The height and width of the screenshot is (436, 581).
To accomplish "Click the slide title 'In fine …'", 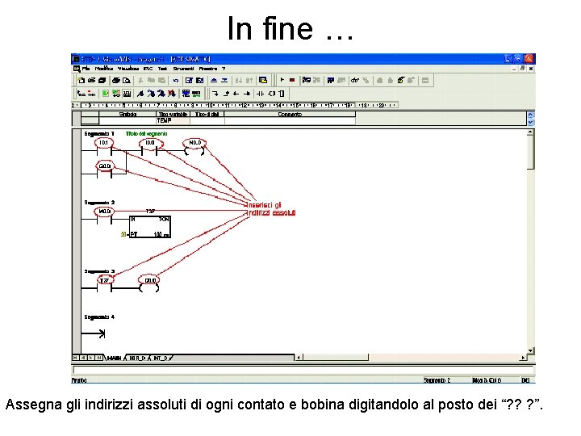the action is tap(290, 28).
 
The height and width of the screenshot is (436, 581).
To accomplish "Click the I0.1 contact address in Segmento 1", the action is tap(102, 142).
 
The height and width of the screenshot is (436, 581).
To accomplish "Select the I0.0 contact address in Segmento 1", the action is tap(149, 142).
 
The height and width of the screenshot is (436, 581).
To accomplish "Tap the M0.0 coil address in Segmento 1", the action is tap(194, 142).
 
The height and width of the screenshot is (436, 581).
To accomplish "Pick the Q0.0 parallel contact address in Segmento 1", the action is tap(104, 166).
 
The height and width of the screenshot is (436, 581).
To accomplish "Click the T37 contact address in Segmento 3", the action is tap(102, 280).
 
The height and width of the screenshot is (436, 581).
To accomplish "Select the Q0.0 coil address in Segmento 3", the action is tap(150, 280).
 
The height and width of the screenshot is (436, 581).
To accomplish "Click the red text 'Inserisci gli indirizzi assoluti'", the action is tap(271, 208).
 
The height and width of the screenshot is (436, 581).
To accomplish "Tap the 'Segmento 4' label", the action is tap(98, 317).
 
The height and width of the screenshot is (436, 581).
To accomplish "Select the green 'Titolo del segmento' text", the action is tap(147, 133).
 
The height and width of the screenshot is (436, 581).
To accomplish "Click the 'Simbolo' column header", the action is tap(127, 115).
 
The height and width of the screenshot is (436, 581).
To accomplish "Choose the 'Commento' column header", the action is tap(289, 115).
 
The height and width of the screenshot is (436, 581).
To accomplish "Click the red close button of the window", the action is tap(529, 59).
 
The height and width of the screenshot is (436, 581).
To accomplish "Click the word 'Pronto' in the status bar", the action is tap(79, 379).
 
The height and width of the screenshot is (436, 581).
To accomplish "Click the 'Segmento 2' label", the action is tap(98, 202).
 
